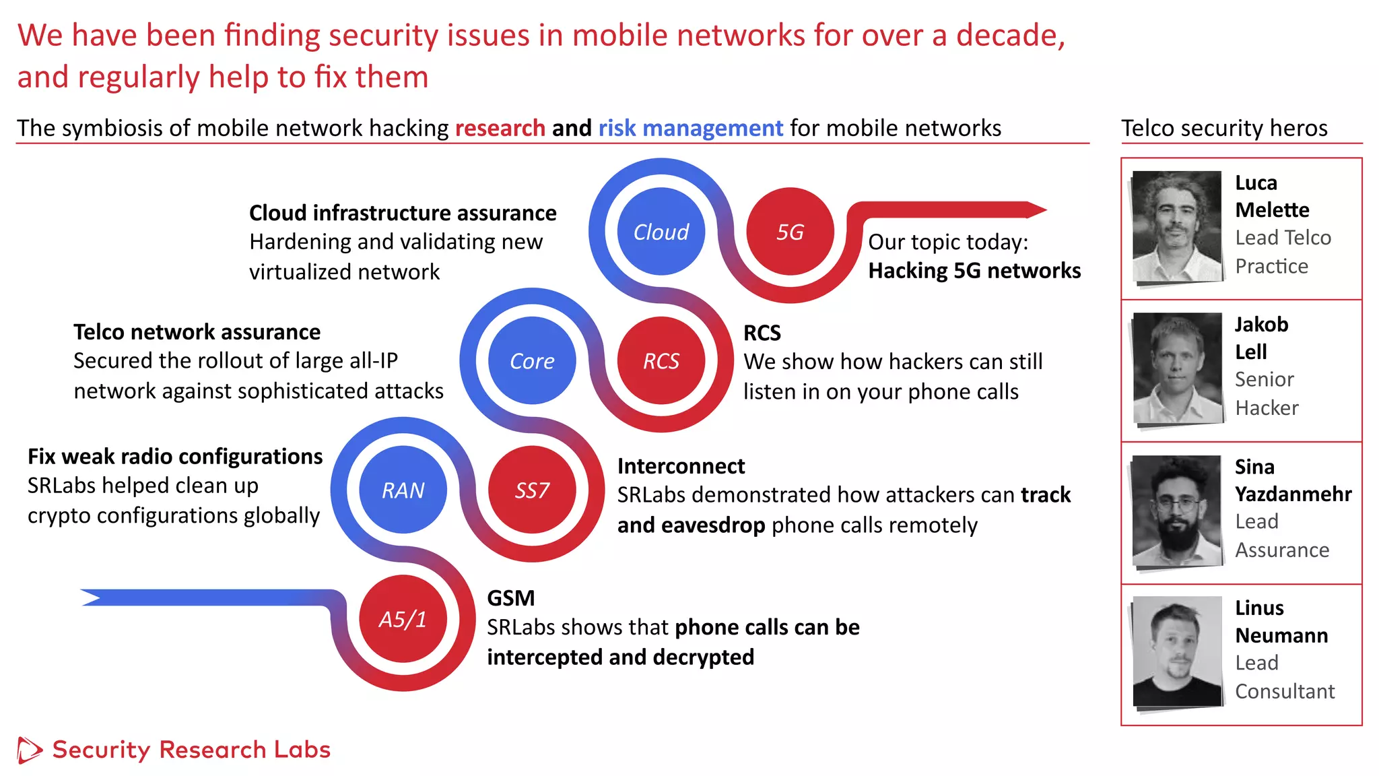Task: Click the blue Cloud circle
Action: (x=661, y=232)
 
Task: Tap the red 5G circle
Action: (x=790, y=232)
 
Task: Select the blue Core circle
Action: (x=532, y=361)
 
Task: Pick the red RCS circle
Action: (x=661, y=361)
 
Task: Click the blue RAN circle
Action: (x=403, y=490)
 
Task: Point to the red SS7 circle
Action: (x=532, y=490)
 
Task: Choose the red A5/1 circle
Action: (x=403, y=618)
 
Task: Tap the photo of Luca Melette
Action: (x=1176, y=226)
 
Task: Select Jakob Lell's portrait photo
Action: (x=1177, y=368)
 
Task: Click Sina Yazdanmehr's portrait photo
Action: (x=1176, y=510)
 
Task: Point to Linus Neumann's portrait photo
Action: (x=1177, y=651)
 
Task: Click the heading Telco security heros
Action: (x=1223, y=128)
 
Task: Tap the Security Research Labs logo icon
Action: (x=29, y=750)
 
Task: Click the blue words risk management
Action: (x=690, y=128)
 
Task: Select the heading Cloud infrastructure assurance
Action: (x=403, y=213)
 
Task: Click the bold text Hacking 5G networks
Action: (x=974, y=271)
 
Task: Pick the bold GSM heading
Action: (x=510, y=598)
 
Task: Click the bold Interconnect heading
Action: (x=681, y=466)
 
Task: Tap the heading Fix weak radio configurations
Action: (x=175, y=457)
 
